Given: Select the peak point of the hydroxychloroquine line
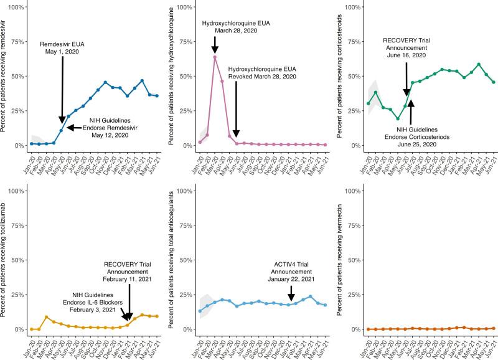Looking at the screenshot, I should (215, 57).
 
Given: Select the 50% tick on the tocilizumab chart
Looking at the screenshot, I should (18, 260).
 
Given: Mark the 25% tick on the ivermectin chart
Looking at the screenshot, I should (354, 294).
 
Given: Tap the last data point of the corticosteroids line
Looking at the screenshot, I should (494, 82).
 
